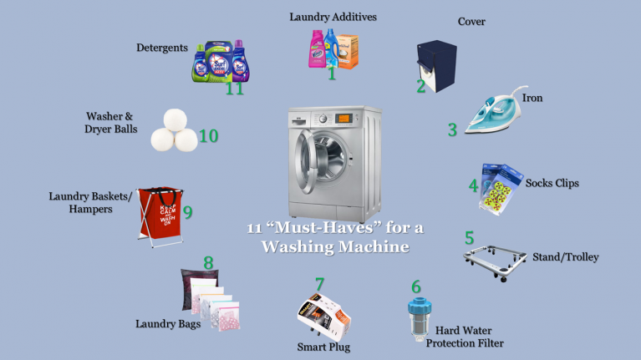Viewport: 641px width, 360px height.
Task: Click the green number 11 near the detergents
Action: click(x=234, y=87)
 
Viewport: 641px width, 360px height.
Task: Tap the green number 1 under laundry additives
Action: click(x=332, y=74)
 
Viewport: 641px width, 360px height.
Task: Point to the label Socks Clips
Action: click(x=552, y=182)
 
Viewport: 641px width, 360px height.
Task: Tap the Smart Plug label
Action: click(x=323, y=346)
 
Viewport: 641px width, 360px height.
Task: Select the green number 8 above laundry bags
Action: click(x=208, y=263)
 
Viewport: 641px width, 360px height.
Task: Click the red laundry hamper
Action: click(x=157, y=213)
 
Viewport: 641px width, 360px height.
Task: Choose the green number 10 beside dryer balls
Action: click(x=208, y=135)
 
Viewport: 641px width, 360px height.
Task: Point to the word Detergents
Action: click(x=162, y=48)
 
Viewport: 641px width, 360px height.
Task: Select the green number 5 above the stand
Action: click(x=470, y=236)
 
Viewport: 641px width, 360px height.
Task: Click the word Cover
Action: click(x=472, y=21)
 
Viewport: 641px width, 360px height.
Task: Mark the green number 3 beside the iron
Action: click(x=452, y=129)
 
